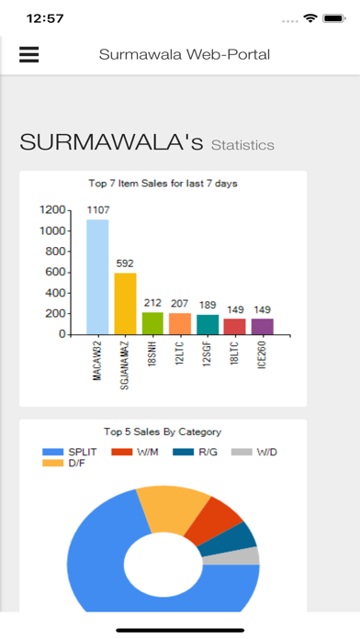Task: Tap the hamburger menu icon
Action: (x=29, y=55)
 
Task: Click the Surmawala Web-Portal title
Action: (x=185, y=55)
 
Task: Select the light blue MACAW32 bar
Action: (x=97, y=276)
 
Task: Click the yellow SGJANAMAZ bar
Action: (x=125, y=304)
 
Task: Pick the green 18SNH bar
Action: (x=152, y=323)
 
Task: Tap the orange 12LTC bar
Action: (x=180, y=324)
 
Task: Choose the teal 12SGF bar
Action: (x=208, y=325)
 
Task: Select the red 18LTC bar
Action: (x=235, y=327)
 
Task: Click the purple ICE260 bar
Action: (x=263, y=327)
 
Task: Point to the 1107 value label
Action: (x=97, y=211)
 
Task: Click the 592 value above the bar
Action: (x=125, y=264)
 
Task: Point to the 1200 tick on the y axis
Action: (x=51, y=209)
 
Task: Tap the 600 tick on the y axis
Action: (x=55, y=272)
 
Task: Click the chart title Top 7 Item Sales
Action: (x=163, y=184)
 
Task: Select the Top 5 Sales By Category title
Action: (x=163, y=432)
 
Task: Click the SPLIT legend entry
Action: (x=73, y=451)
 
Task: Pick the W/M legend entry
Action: (x=139, y=451)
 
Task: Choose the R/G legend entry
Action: (x=199, y=451)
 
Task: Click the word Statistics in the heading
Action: (x=242, y=145)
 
